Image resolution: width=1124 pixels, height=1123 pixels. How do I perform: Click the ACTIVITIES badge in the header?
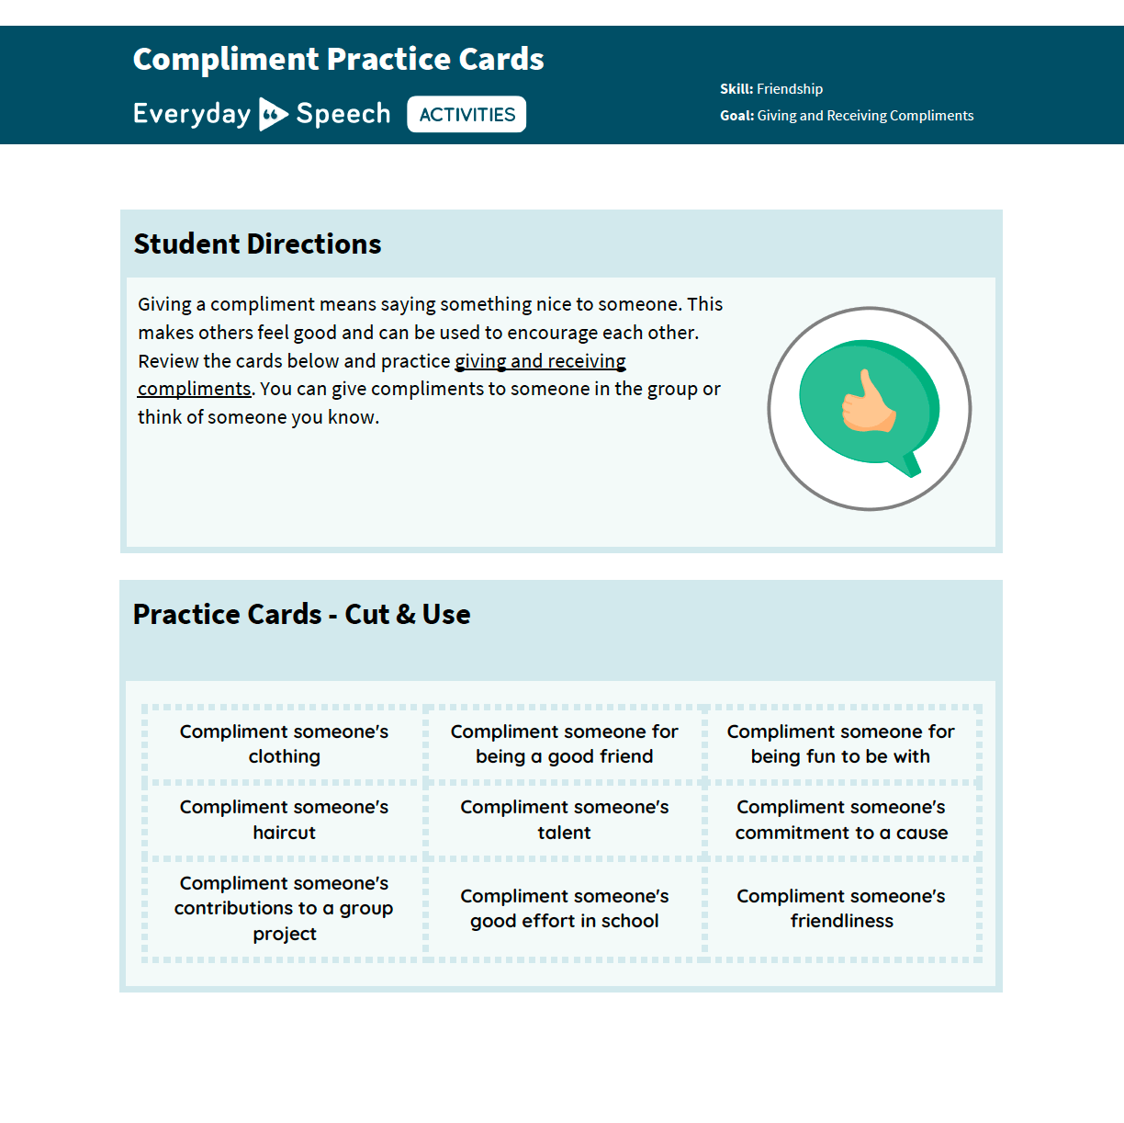(x=466, y=115)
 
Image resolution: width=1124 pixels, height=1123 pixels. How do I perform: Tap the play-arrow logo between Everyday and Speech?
(x=273, y=114)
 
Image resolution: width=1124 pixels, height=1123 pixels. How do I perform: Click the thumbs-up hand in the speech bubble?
(x=867, y=403)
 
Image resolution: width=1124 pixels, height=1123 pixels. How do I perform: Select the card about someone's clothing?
(x=284, y=744)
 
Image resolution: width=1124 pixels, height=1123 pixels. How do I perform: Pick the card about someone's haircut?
(x=284, y=820)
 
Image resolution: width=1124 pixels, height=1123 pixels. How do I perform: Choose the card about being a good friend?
(x=564, y=744)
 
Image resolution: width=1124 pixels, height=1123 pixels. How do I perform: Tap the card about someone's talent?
(x=564, y=820)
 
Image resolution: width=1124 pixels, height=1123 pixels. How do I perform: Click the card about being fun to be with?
(x=840, y=744)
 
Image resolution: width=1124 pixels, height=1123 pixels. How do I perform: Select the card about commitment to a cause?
(x=841, y=820)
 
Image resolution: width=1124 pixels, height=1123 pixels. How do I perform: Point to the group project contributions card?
(x=284, y=908)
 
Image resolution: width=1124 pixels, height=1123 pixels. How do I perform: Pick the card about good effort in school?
(x=564, y=908)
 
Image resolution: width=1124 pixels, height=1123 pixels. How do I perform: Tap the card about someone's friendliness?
(x=841, y=908)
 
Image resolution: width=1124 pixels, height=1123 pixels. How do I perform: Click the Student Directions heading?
(x=257, y=244)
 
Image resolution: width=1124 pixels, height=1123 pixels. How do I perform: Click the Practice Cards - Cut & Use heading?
(x=301, y=615)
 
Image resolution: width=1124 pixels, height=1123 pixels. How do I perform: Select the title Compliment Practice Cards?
(x=338, y=60)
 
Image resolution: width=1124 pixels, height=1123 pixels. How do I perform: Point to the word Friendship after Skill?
(x=790, y=89)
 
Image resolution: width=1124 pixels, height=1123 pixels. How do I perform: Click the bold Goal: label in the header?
(x=736, y=116)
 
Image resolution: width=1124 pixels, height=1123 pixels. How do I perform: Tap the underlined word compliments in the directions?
(x=194, y=389)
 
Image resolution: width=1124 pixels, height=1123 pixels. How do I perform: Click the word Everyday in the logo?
(x=191, y=114)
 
